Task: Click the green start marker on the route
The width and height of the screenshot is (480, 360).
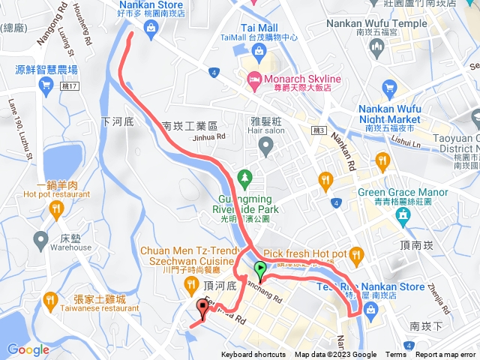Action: tap(260, 269)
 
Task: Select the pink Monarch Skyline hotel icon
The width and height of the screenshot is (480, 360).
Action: tap(254, 78)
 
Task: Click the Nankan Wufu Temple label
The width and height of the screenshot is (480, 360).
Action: tap(377, 23)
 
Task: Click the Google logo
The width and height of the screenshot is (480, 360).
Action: tap(28, 349)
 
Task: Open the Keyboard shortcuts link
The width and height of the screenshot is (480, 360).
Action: tap(253, 355)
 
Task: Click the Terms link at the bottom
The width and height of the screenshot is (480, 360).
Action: tap(396, 355)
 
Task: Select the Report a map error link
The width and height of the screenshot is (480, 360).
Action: tap(445, 355)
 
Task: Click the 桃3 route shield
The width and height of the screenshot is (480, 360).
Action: tap(319, 130)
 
